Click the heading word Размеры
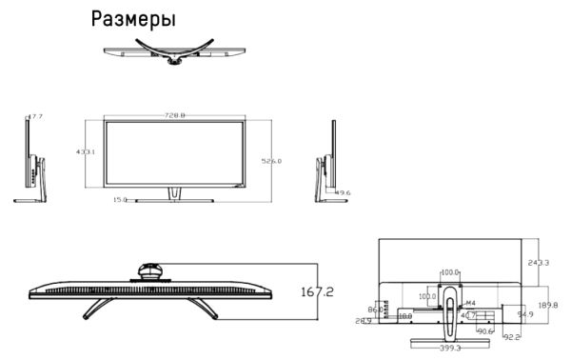point(133,19)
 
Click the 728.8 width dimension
point(174,115)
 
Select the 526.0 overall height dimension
point(272,162)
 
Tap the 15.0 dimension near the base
point(120,200)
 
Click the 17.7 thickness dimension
point(35,116)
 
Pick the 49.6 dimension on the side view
point(343,193)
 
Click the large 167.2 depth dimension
point(317,291)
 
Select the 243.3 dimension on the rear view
point(540,263)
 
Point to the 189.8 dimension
point(548,305)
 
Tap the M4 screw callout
point(470,303)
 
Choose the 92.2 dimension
point(511,336)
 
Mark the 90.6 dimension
point(485,330)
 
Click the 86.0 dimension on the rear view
point(376,310)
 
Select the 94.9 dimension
point(524,313)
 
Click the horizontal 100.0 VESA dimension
point(450,273)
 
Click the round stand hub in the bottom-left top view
point(149,270)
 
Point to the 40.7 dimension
point(468,314)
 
